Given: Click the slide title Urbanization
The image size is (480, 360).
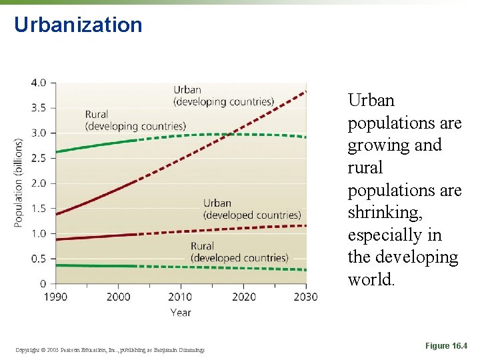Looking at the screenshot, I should tap(78, 25).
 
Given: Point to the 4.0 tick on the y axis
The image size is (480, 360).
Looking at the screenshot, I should tap(39, 83).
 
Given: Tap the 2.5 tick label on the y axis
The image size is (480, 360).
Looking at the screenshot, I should tap(39, 158).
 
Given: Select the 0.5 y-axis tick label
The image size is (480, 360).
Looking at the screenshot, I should tap(39, 259).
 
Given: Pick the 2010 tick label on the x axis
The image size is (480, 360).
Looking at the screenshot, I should tap(180, 297).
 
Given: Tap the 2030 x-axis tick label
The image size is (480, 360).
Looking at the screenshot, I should tap(305, 297).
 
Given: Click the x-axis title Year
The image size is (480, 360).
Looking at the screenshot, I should tap(180, 312).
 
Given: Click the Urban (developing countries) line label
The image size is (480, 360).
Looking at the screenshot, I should tap(223, 96).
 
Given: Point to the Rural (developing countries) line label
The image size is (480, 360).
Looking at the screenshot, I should tap(135, 120).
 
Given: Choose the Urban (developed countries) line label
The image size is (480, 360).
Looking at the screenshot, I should tap(252, 209).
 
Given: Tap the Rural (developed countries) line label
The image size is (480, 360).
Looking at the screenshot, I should tap(239, 252).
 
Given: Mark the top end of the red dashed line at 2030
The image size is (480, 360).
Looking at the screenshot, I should tap(306, 91).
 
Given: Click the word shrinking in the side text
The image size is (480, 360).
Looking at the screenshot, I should tap(381, 213).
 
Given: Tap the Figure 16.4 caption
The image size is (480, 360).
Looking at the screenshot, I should tap(446, 346).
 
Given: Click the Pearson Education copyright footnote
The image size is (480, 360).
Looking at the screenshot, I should tap(109, 349).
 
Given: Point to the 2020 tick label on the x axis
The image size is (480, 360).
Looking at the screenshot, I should tap(243, 297).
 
